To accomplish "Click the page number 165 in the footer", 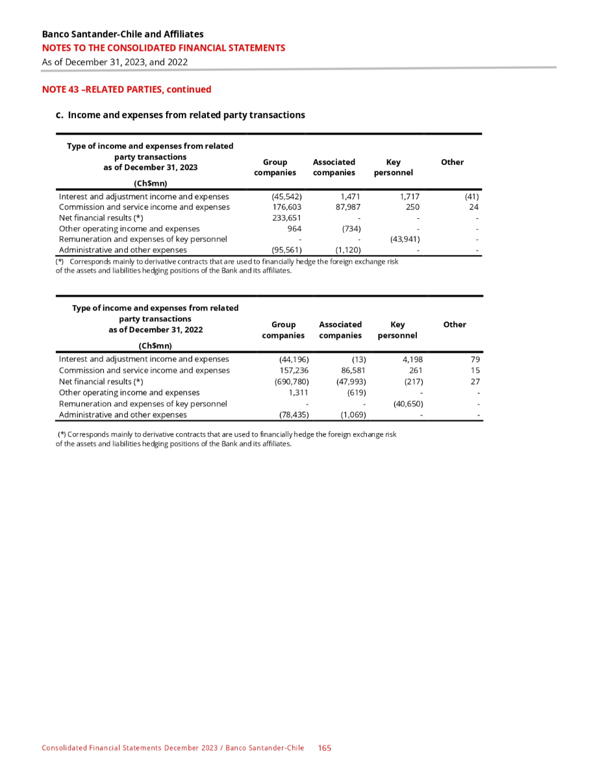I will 325,748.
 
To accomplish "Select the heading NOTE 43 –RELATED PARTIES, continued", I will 127,90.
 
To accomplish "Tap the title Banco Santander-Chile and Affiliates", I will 122,34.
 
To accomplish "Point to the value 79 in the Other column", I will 475,359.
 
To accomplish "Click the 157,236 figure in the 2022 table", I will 292,370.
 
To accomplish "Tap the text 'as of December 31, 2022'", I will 155,330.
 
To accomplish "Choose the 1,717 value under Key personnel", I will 409,196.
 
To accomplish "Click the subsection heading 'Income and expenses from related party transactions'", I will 186,115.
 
